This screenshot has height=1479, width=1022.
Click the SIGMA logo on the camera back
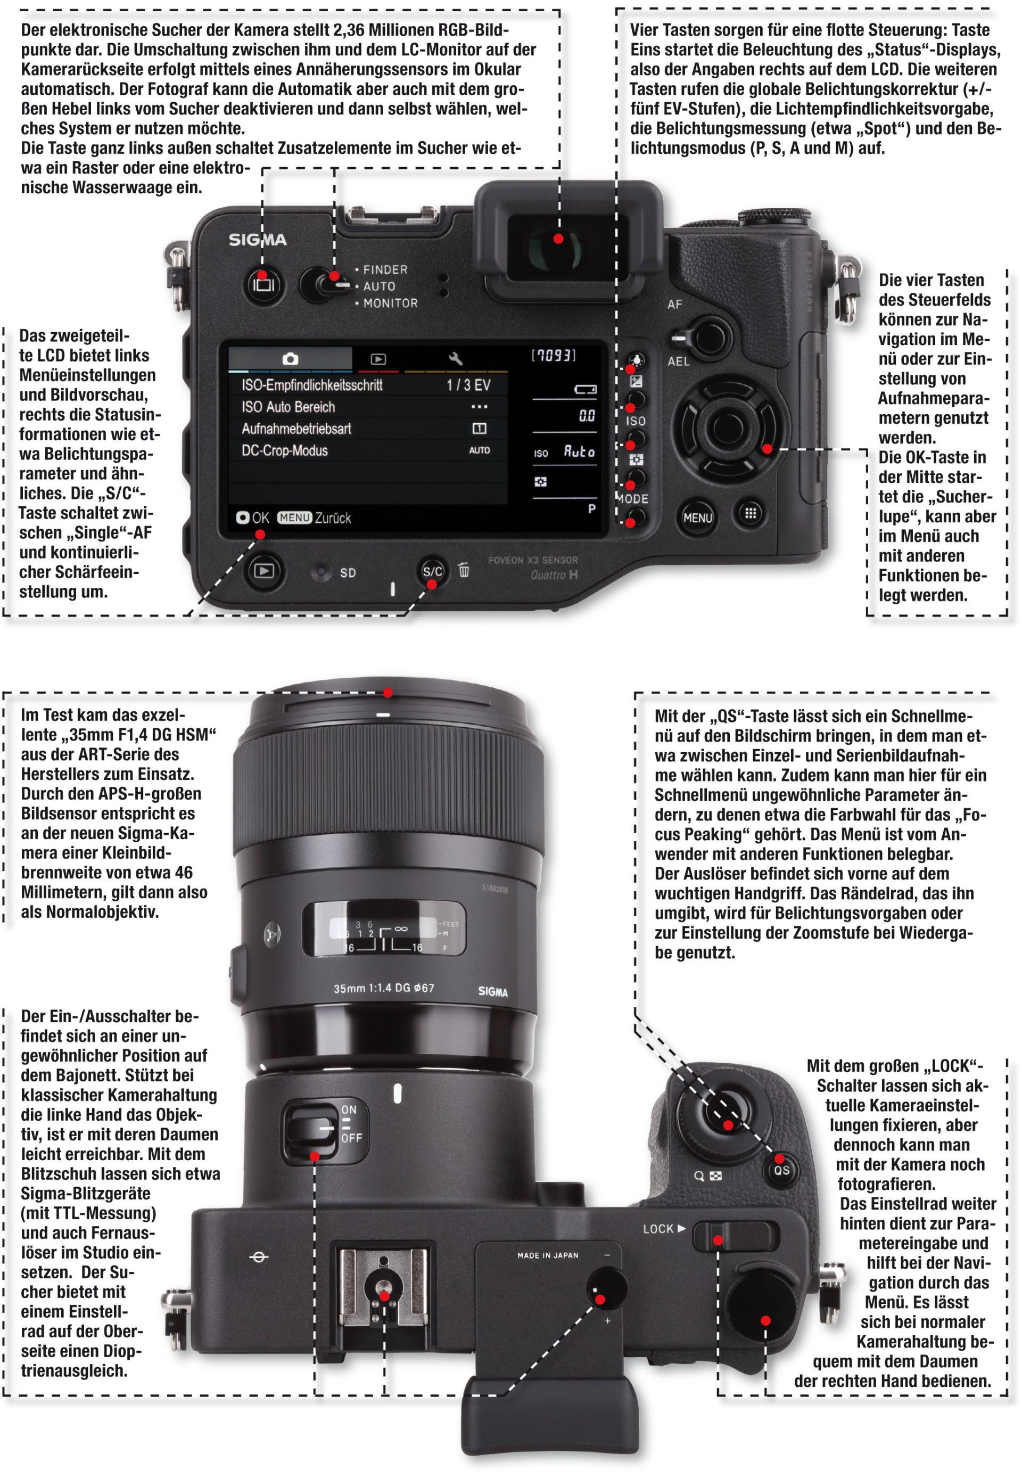coord(258,240)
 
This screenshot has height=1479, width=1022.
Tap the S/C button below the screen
coord(432,571)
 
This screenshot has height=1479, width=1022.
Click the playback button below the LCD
coord(263,570)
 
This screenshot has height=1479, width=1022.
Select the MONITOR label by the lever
coord(390,303)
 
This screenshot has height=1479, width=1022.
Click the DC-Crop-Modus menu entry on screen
coord(284,450)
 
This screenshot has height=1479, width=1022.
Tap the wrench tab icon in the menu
coord(455,359)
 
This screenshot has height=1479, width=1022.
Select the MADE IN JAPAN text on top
coord(548,1255)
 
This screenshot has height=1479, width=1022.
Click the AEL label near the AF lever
coord(679,361)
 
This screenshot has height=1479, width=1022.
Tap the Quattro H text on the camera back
coord(554,574)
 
